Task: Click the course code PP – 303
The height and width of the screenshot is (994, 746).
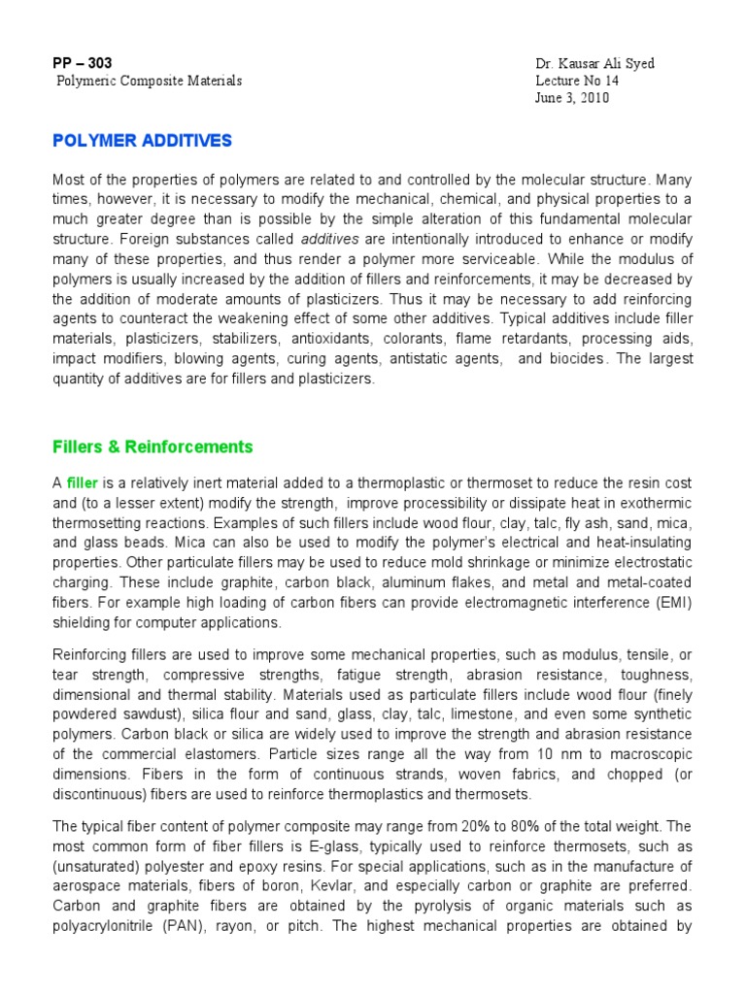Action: [83, 63]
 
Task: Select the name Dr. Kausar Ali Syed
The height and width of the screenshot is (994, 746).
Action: [594, 64]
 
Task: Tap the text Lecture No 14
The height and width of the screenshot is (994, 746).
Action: [577, 82]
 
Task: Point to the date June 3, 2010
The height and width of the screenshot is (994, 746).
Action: [572, 98]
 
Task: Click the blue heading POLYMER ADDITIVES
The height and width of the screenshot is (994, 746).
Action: [142, 141]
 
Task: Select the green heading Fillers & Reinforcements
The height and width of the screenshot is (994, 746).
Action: [153, 447]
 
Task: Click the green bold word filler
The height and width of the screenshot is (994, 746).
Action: [84, 483]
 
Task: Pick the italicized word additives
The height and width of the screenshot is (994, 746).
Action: [330, 239]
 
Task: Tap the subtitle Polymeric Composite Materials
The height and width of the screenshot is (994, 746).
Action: [149, 82]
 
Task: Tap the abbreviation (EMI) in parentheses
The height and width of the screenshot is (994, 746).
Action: [669, 603]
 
